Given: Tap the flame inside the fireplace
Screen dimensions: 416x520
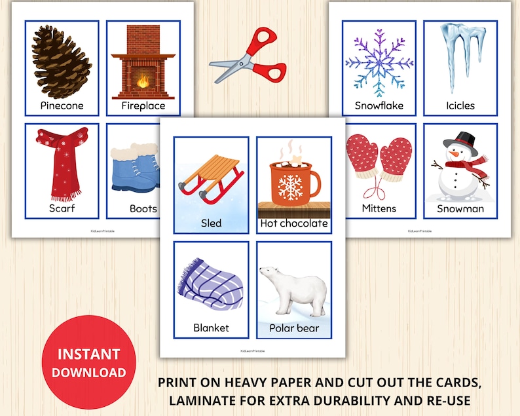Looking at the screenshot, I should pyautogui.click(x=143, y=83).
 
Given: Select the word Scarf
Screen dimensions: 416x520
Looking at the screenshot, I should pyautogui.click(x=62, y=208).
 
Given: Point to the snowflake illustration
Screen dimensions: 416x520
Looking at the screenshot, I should pyautogui.click(x=379, y=63).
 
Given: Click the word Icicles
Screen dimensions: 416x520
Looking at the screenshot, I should pyautogui.click(x=460, y=105).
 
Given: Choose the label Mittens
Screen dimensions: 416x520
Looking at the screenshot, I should pyautogui.click(x=379, y=208).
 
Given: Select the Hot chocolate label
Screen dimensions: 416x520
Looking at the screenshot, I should pyautogui.click(x=294, y=223).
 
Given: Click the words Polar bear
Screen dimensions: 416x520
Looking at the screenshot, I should pyautogui.click(x=294, y=328).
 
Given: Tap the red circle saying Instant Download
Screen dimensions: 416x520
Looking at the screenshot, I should pyautogui.click(x=89, y=362).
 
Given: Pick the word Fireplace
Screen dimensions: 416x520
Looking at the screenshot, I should pyautogui.click(x=143, y=105).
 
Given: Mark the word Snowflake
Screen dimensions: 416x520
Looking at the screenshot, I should pyautogui.click(x=379, y=105).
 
